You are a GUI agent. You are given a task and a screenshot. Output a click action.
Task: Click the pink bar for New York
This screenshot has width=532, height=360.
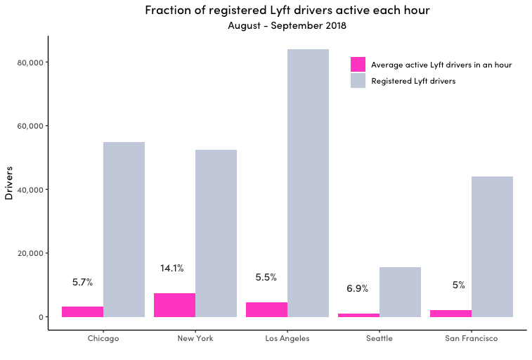point(174,305)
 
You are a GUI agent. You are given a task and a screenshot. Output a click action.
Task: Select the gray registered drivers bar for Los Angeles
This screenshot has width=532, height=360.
point(308,184)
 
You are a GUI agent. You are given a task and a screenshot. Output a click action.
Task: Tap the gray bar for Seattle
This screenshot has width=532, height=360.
point(400,292)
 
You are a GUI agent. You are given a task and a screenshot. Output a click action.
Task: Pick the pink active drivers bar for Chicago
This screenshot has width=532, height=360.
point(82,311)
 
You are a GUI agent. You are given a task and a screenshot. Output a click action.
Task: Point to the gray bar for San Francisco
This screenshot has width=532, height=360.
point(492,247)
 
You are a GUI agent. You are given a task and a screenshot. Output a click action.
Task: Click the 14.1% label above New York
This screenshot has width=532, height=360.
point(172,269)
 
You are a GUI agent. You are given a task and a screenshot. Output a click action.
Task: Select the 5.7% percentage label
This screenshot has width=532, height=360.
point(82,282)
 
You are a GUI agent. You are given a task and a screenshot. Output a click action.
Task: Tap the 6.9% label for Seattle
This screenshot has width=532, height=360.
point(357,288)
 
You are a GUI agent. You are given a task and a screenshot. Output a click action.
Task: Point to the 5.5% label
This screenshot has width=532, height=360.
point(266,277)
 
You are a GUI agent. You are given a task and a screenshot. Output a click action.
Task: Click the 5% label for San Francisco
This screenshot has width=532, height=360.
point(459,285)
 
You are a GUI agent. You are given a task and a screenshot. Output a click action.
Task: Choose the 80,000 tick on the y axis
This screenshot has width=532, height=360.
point(30,63)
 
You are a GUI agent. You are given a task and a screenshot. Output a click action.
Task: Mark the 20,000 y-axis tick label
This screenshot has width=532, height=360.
point(30,253)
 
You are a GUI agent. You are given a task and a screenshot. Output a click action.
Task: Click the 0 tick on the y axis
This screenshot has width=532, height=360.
point(41,317)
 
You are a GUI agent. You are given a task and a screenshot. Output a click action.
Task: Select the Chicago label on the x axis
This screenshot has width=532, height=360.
point(103,338)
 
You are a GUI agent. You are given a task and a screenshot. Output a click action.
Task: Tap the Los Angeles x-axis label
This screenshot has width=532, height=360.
point(287,338)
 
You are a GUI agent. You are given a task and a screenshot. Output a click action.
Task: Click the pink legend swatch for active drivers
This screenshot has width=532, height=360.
point(358,65)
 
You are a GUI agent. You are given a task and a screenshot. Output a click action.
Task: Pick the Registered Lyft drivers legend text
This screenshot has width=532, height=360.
point(413,81)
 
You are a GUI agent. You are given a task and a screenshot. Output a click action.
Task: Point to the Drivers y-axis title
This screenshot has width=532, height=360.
point(9,184)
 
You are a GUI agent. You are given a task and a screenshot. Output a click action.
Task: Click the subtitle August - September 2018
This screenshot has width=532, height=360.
point(287,25)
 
